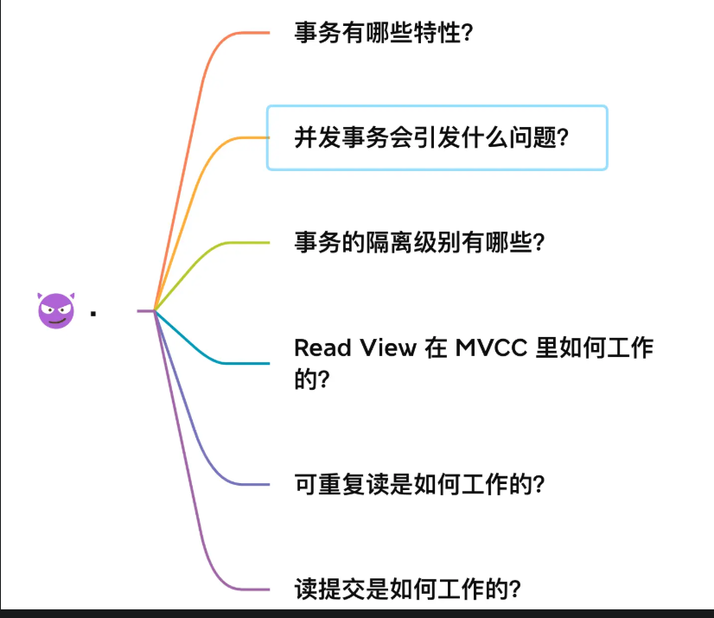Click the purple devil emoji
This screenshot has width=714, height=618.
tap(56, 309)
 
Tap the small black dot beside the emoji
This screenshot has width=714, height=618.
tap(92, 313)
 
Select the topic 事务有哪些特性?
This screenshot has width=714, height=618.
tap(384, 34)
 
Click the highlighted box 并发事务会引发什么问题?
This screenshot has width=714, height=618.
tap(437, 137)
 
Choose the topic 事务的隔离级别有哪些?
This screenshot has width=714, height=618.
tap(419, 242)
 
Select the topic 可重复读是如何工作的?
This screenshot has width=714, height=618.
tap(419, 483)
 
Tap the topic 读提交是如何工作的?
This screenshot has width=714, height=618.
tap(407, 589)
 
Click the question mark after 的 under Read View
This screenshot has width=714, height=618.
tap(324, 380)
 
